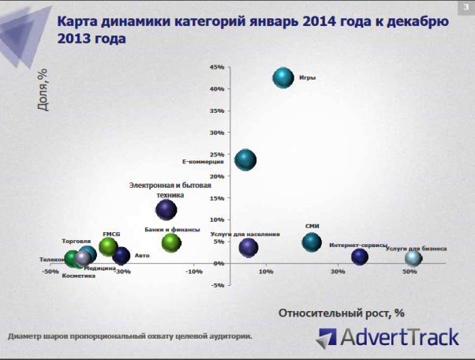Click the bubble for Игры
click(283, 77)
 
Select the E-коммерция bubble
click(245, 160)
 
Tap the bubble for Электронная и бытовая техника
click(166, 209)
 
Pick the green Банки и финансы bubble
click(171, 242)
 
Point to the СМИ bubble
click(312, 242)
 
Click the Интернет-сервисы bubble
click(360, 256)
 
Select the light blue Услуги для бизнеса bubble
click(413, 258)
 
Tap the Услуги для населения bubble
click(249, 247)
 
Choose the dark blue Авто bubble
click(121, 255)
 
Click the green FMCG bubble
click(109, 246)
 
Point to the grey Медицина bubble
click(84, 258)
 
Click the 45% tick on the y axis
click(217, 68)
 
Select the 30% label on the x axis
click(338, 272)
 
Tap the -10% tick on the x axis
click(194, 272)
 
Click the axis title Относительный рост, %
click(341, 313)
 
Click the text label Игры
click(307, 78)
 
